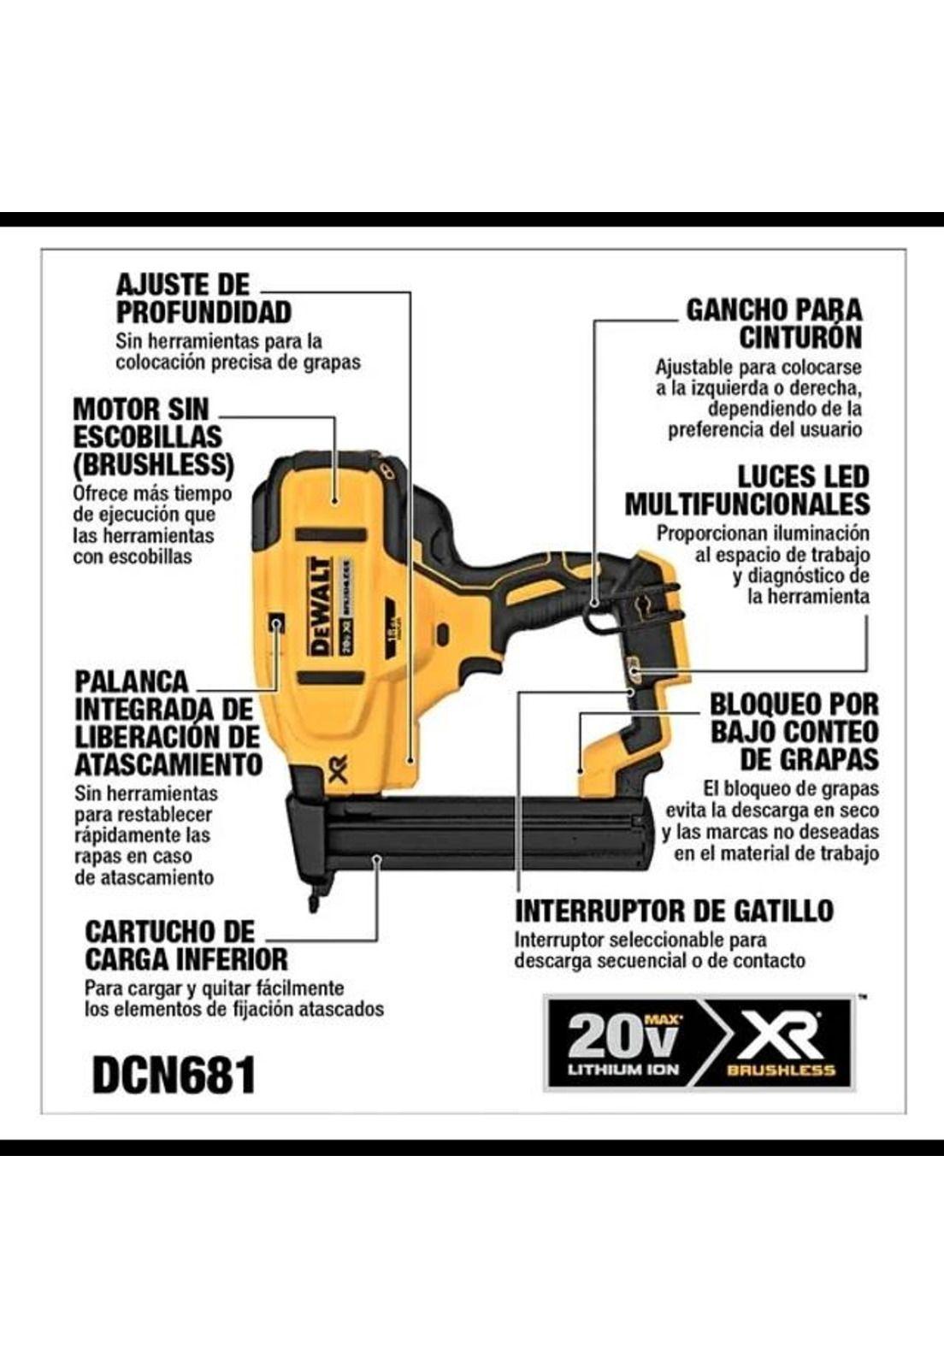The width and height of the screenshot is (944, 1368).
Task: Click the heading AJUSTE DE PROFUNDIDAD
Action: (x=204, y=298)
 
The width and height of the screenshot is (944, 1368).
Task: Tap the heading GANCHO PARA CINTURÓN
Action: (x=774, y=323)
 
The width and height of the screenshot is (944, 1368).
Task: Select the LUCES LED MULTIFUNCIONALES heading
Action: (x=746, y=490)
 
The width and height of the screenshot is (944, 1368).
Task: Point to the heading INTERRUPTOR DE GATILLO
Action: (x=674, y=911)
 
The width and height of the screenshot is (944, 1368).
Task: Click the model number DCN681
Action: (x=174, y=1075)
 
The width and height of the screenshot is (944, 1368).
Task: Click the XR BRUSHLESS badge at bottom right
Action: (x=779, y=1042)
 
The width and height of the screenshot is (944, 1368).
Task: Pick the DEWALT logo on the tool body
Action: (x=320, y=605)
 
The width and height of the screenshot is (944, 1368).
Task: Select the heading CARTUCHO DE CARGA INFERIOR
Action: (x=186, y=944)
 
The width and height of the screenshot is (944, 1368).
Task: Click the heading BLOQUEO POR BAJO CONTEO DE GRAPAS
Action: (x=794, y=731)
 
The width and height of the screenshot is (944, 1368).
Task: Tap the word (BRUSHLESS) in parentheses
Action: (x=153, y=464)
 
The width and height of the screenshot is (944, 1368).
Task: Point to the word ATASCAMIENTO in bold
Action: (x=168, y=764)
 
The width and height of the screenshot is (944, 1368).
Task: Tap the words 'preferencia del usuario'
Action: (x=764, y=429)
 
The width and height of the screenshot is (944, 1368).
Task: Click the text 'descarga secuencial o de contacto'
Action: (x=659, y=960)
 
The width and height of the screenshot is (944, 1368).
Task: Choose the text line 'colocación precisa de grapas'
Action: (x=238, y=362)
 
